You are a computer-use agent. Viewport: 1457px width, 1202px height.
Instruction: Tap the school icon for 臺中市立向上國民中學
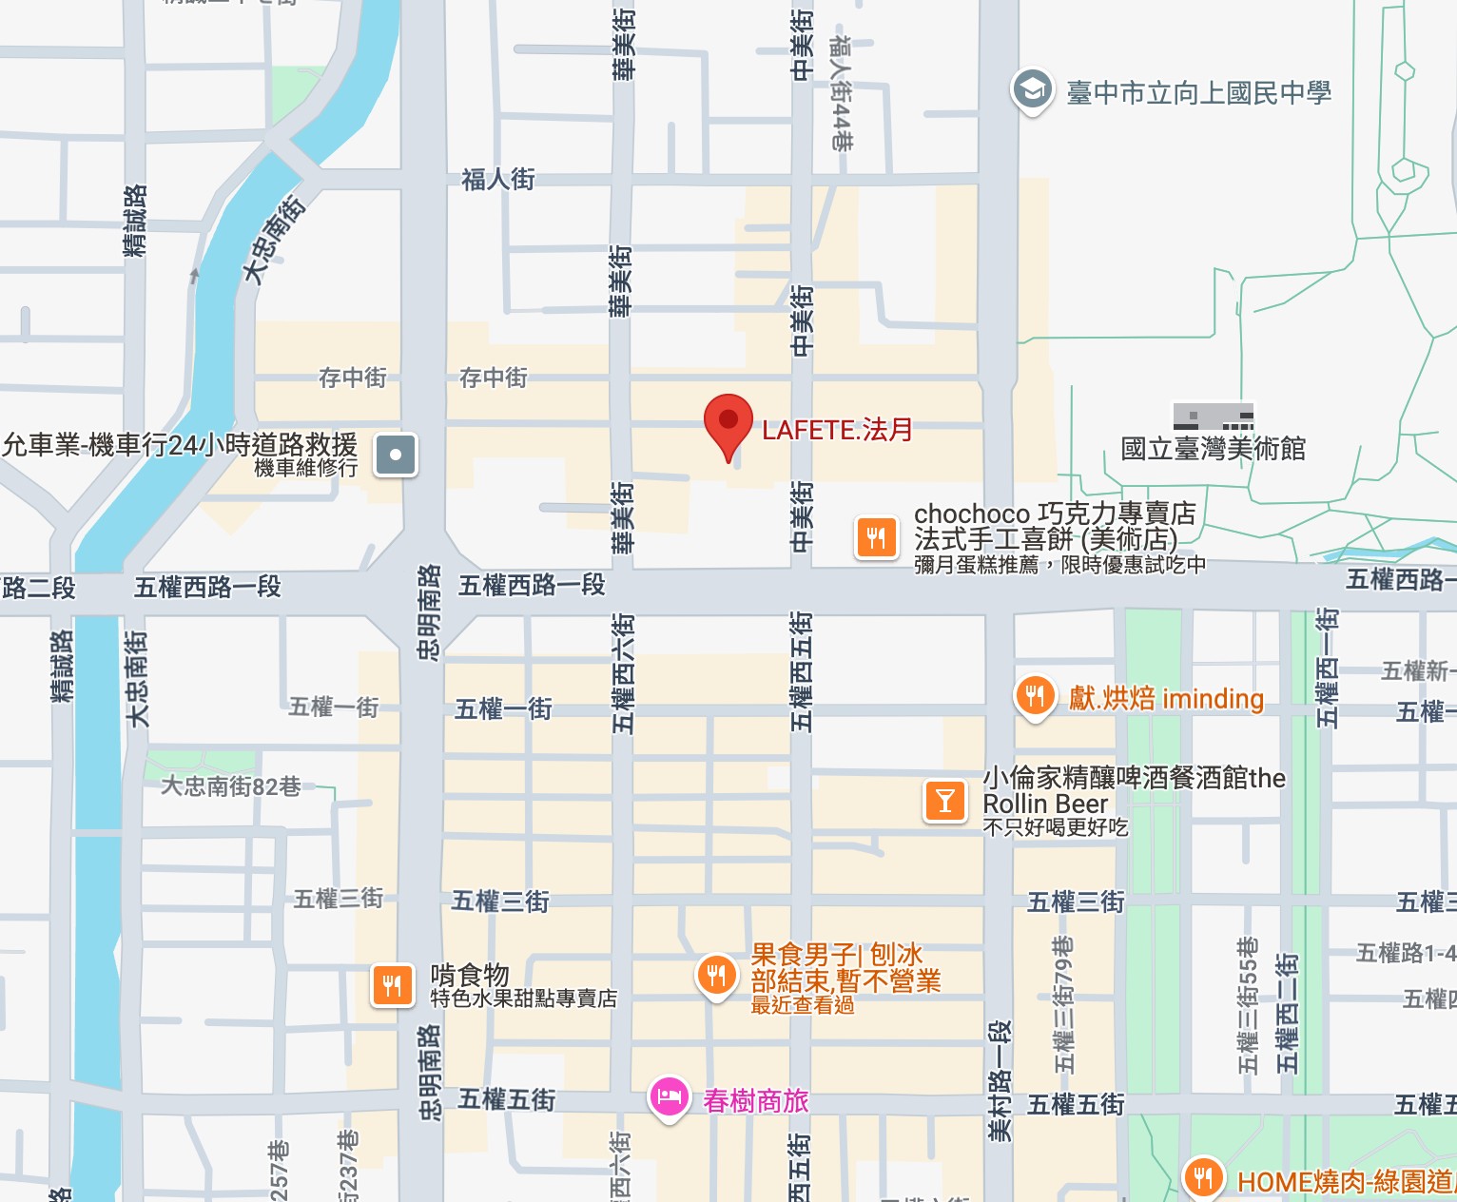1032,90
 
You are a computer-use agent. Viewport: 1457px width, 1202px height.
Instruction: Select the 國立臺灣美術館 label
1213,448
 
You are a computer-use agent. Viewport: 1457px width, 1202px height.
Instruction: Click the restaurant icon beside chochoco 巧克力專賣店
876,538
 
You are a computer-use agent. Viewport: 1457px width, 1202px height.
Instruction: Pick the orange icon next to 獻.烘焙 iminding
1035,696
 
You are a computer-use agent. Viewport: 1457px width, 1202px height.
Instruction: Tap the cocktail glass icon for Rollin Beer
944,801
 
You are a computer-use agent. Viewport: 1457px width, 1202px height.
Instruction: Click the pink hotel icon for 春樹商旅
670,1097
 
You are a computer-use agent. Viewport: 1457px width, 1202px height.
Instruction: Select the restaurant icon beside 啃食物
393,984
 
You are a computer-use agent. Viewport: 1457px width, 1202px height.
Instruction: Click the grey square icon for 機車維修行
396,455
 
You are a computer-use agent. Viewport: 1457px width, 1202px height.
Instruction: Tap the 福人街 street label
497,179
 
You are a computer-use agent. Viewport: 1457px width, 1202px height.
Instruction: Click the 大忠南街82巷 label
231,786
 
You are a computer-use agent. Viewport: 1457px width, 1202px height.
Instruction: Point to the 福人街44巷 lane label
841,93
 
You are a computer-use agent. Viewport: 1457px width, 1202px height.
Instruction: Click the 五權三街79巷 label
1064,1004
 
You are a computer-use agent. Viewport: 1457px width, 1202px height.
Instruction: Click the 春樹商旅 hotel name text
755,1100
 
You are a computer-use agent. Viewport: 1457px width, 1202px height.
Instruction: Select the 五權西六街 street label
622,672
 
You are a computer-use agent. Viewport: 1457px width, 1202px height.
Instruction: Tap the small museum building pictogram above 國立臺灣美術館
1213,417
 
